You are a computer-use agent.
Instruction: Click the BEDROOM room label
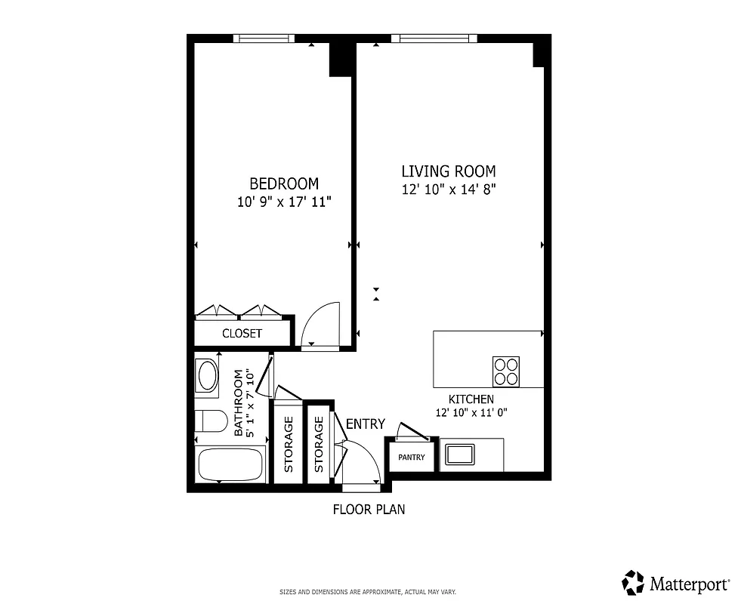click(x=284, y=183)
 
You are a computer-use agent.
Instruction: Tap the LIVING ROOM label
click(x=448, y=171)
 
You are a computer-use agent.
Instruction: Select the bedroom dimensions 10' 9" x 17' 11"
click(x=284, y=202)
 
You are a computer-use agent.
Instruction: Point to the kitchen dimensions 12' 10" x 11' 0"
click(x=471, y=413)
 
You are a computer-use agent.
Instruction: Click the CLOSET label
click(x=242, y=333)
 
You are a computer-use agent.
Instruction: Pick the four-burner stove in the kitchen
click(x=506, y=371)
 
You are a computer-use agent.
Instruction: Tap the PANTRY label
click(x=412, y=458)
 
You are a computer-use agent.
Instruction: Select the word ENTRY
click(x=366, y=424)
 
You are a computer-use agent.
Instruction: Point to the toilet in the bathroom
click(x=211, y=421)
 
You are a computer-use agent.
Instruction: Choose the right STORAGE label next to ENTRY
click(x=319, y=445)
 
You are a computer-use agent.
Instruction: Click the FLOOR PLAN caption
click(x=369, y=510)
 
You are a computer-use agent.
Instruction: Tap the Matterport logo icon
click(x=633, y=582)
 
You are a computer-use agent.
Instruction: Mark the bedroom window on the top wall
click(x=263, y=38)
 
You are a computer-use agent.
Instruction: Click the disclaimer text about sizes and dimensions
click(x=368, y=592)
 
